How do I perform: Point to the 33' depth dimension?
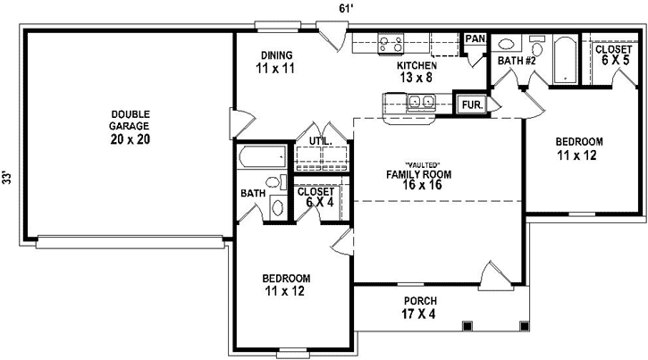click(x=8, y=178)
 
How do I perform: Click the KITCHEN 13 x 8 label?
click(x=417, y=71)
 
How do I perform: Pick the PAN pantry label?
click(x=475, y=39)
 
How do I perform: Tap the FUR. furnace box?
click(x=470, y=105)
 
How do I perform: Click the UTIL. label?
click(x=321, y=141)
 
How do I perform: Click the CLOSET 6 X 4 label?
click(x=315, y=197)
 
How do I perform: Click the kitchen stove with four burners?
click(x=391, y=43)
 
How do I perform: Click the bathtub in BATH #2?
click(x=566, y=60)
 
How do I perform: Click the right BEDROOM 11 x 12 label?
click(x=578, y=147)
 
